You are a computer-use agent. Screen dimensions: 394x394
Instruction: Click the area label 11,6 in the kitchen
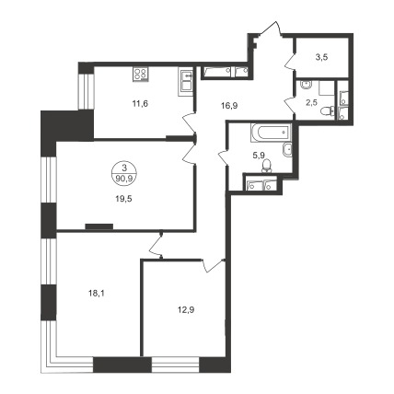(x=140, y=104)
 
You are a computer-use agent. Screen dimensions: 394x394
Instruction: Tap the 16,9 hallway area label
(x=229, y=106)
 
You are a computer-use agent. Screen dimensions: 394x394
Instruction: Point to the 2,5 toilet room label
(x=311, y=102)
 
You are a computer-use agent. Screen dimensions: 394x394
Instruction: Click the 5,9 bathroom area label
(x=259, y=156)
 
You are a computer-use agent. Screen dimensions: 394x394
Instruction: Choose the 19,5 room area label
(x=123, y=199)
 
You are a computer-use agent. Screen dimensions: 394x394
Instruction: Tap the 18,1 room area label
(x=97, y=294)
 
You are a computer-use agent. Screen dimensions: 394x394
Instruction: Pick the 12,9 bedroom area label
(x=186, y=310)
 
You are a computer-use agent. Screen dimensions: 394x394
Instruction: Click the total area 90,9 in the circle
(x=124, y=179)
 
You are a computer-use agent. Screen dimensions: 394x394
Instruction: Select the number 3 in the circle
(x=124, y=168)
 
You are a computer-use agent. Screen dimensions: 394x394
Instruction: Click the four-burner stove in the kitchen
(x=140, y=74)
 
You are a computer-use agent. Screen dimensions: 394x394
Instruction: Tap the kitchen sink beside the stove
(x=186, y=82)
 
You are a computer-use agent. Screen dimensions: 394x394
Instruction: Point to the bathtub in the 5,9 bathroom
(x=271, y=133)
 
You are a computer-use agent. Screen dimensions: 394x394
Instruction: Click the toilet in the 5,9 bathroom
(x=267, y=166)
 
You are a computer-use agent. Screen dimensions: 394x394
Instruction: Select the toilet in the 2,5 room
(x=328, y=110)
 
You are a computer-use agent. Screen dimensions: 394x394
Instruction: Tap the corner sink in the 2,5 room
(x=306, y=84)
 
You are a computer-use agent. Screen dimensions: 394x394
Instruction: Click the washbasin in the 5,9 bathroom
(x=287, y=150)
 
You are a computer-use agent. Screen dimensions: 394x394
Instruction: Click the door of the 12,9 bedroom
(x=214, y=265)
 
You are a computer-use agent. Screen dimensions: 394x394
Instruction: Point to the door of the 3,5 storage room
(x=290, y=61)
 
